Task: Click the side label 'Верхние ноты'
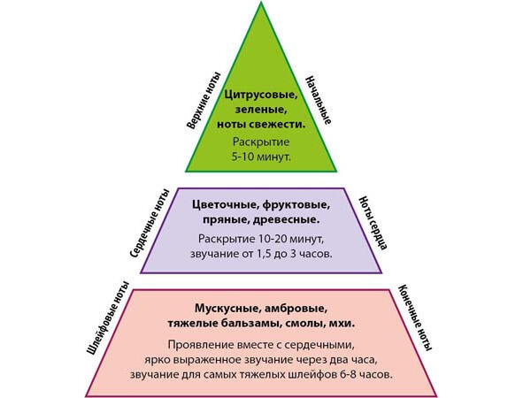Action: click(204, 100)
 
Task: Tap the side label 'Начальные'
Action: click(319, 101)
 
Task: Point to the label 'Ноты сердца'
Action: click(373, 223)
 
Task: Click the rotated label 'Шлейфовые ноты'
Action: click(108, 318)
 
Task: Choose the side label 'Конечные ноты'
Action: click(415, 318)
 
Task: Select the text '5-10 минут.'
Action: click(261, 157)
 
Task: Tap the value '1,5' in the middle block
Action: click(264, 254)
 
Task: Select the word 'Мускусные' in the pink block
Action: click(227, 309)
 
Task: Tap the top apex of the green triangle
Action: click(261, 2)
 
